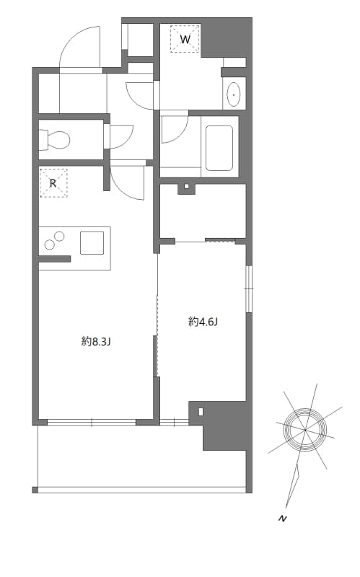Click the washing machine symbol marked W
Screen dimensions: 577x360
pyautogui.click(x=185, y=39)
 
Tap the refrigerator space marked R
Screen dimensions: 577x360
pyautogui.click(x=52, y=182)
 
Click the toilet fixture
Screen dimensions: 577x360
pyautogui.click(x=55, y=138)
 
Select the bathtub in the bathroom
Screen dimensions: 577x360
pyautogui.click(x=219, y=148)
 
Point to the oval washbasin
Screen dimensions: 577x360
pyautogui.click(x=234, y=94)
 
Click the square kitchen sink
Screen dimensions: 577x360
pyautogui.click(x=92, y=242)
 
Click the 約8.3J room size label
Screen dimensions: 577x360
pyautogui.click(x=95, y=342)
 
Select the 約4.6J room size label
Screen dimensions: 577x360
pyautogui.click(x=203, y=322)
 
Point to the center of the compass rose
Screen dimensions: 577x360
pyautogui.click(x=305, y=431)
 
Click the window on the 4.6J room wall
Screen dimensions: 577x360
pyautogui.click(x=248, y=288)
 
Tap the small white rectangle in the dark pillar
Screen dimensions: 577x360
pyautogui.click(x=201, y=412)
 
